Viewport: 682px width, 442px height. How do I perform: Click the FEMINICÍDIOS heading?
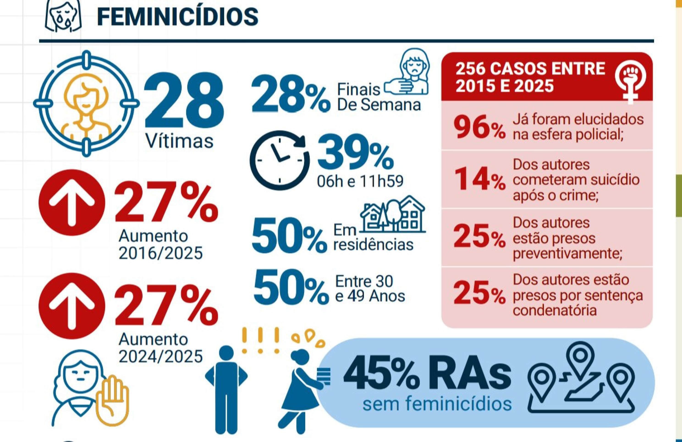[177, 17]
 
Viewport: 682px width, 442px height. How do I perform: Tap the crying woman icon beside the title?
[63, 16]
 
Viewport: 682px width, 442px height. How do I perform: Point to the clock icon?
[279, 160]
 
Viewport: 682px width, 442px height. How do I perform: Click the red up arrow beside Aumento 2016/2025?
[72, 203]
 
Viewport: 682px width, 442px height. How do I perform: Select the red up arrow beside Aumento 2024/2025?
[72, 306]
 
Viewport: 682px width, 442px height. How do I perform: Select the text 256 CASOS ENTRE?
[530, 69]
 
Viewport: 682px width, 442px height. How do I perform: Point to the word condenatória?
[555, 310]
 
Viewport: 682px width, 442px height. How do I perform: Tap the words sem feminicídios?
[437, 404]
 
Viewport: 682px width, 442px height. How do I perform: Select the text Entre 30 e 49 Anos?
[370, 289]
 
